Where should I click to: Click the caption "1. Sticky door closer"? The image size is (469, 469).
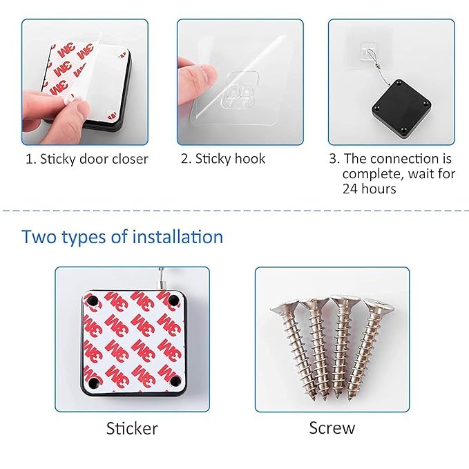[x=87, y=159]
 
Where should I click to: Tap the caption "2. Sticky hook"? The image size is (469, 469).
[x=223, y=159]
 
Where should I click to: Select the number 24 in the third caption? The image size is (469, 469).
[x=350, y=188]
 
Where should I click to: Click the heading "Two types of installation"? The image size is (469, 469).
[x=122, y=237]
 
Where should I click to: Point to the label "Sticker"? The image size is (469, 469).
[x=132, y=428]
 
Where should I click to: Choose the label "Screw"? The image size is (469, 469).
[x=332, y=428]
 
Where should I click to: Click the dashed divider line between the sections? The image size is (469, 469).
[x=234, y=211]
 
